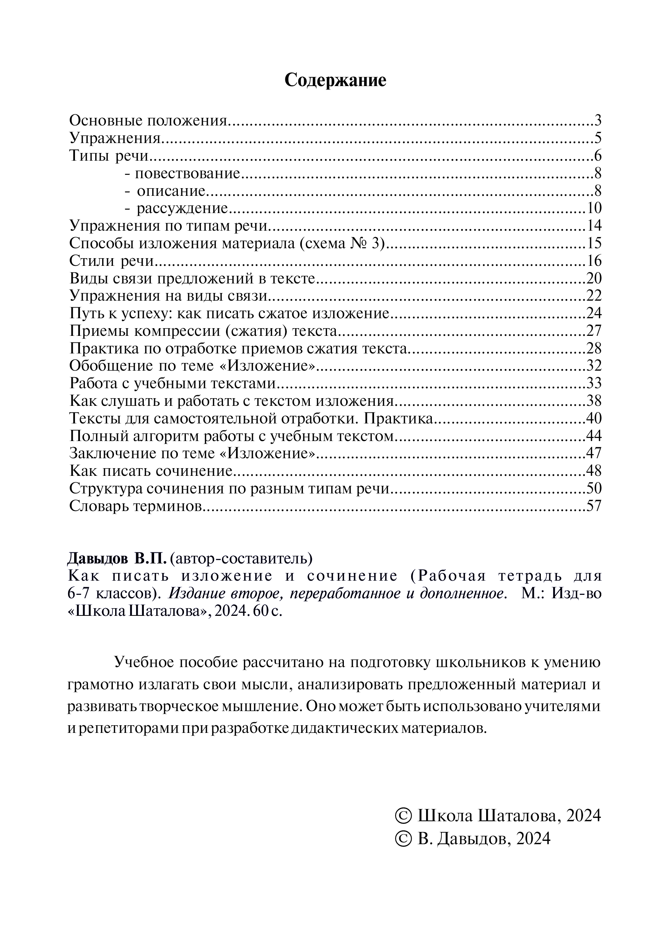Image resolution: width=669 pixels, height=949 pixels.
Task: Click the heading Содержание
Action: coord(335,80)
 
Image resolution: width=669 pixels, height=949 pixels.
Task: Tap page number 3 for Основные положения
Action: coord(597,121)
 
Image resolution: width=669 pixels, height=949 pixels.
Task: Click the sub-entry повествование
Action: coord(187,173)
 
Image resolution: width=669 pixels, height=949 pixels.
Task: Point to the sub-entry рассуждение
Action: coord(182,208)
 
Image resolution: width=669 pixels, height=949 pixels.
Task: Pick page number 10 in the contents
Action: coord(594,208)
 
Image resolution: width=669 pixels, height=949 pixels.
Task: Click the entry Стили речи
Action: coord(112,261)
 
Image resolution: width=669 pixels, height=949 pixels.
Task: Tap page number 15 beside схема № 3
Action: coord(594,243)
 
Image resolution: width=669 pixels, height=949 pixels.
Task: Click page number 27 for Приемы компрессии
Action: coord(594,330)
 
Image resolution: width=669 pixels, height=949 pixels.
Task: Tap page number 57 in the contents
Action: coord(594,506)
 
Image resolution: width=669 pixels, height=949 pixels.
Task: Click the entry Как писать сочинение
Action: coord(151,471)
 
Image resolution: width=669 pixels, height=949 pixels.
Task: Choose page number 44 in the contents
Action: coord(594,436)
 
